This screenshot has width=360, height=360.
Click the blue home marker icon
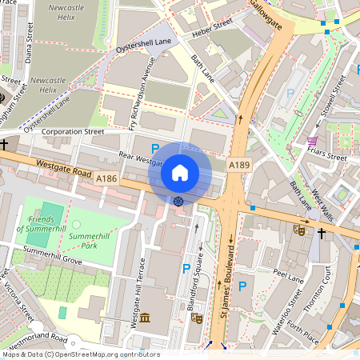(180, 172)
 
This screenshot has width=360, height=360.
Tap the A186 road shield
(106, 180)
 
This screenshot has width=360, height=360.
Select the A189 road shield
(238, 164)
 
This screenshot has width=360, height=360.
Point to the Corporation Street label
(73, 130)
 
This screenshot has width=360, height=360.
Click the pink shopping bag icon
(311, 142)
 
